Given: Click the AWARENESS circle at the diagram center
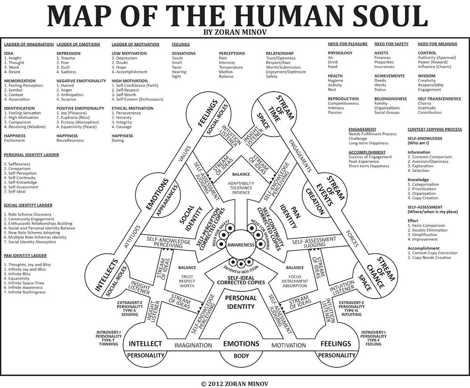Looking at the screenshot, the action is click(x=241, y=244).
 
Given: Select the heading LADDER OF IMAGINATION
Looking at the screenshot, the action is click(x=29, y=44).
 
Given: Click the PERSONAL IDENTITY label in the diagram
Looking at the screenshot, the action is click(x=241, y=302).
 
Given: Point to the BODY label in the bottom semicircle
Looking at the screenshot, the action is click(x=241, y=356).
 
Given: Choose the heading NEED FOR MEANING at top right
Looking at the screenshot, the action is click(x=437, y=44).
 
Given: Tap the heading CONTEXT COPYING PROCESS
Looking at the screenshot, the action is click(x=435, y=130).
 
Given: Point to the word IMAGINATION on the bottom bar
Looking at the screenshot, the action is click(x=193, y=345).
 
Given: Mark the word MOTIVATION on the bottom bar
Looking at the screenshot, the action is click(x=289, y=345).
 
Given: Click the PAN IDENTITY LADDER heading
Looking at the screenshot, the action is click(x=25, y=256).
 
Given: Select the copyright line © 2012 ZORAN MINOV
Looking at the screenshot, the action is click(x=235, y=384).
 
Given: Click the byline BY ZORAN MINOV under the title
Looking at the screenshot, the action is click(x=235, y=32).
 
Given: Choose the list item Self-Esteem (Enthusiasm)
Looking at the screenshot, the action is click(x=138, y=99).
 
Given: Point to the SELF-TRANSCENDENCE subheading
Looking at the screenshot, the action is click(x=439, y=99).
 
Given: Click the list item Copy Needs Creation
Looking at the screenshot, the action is click(x=429, y=258).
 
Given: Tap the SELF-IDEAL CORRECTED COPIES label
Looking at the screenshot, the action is click(x=241, y=280).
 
